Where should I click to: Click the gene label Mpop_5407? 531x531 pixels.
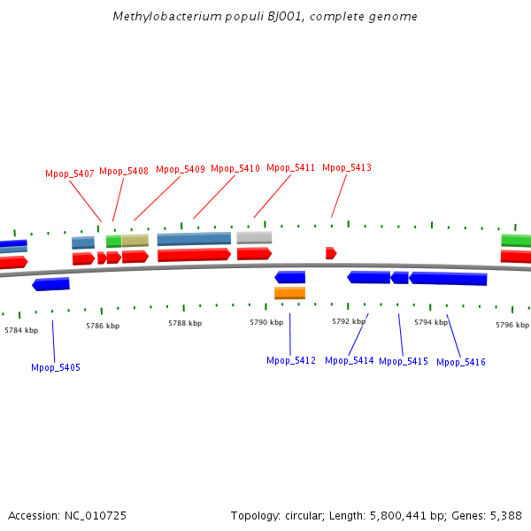70,173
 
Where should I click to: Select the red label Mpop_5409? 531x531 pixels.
181,169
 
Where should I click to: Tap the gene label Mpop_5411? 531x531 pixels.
291,168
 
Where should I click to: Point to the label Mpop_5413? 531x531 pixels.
347,168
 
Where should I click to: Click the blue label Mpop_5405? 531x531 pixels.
56,367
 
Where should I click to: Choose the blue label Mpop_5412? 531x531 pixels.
291,360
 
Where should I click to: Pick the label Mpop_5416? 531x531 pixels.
461,362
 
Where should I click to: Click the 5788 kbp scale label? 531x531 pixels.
185,324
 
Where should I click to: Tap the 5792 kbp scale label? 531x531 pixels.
349,322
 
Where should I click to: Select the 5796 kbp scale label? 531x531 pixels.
512,325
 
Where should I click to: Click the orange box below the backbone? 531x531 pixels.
289,293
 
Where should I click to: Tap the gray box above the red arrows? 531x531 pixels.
254,237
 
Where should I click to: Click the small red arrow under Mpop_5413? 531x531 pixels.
331,253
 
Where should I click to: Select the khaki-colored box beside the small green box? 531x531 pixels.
135,241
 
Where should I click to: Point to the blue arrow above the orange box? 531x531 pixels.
289,277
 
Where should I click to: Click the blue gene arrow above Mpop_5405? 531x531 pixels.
50,284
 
